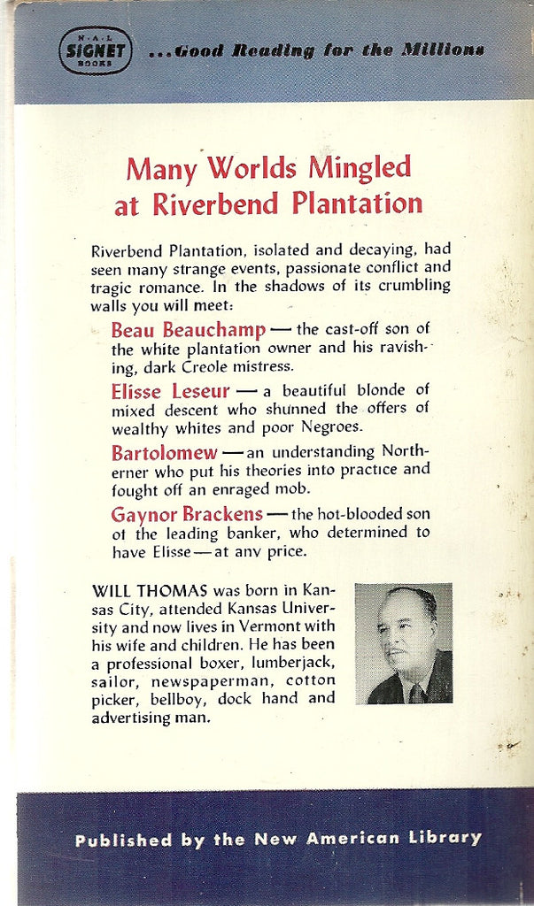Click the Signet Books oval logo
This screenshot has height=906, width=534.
click(x=95, y=50)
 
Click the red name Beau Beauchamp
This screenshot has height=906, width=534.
click(x=188, y=330)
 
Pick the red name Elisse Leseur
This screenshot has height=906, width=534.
click(x=169, y=391)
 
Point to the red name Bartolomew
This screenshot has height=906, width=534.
click(x=164, y=452)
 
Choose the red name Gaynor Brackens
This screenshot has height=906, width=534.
click(x=187, y=513)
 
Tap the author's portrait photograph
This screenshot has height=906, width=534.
click(x=403, y=643)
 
